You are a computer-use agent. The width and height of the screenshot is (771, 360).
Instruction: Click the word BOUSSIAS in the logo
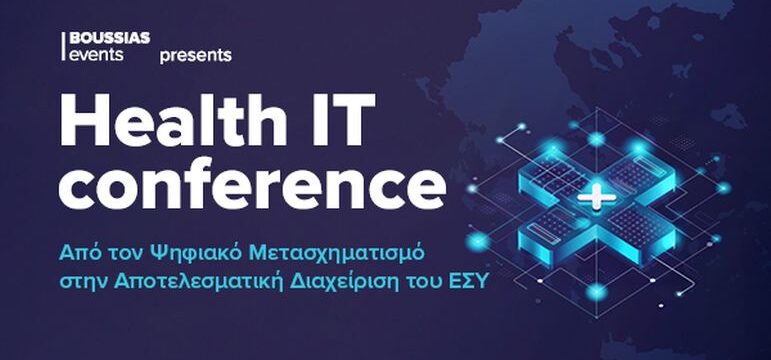[111, 38]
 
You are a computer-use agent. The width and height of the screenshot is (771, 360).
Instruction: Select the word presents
[195, 55]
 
